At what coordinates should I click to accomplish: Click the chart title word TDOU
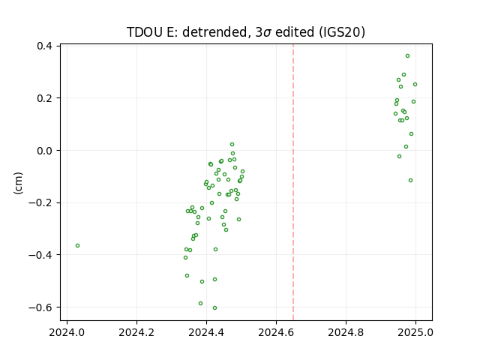pyautogui.click(x=145, y=32)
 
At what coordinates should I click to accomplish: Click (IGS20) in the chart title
pyautogui.click(x=342, y=32)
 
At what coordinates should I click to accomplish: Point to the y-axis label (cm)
pyautogui.click(x=18, y=183)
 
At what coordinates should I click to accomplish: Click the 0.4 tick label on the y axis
pyautogui.click(x=44, y=46)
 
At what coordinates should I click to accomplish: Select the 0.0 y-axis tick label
pyautogui.click(x=44, y=151)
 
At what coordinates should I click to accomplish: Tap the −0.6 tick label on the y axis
pyautogui.click(x=40, y=307)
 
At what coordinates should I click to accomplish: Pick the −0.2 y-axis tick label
pyautogui.click(x=40, y=202)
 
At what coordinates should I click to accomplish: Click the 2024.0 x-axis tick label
pyautogui.click(x=67, y=332)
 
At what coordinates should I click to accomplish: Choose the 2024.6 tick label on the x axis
pyautogui.click(x=276, y=332)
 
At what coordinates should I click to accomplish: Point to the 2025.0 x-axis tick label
pyautogui.click(x=415, y=332)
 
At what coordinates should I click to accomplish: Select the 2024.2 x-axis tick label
pyautogui.click(x=136, y=332)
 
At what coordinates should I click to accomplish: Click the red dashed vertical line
pyautogui.click(x=293, y=182)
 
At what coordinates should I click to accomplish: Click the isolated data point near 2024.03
pyautogui.click(x=78, y=245)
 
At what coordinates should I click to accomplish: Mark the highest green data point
pyautogui.click(x=408, y=56)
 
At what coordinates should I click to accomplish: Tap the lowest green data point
pyautogui.click(x=215, y=308)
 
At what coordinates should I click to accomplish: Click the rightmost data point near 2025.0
pyautogui.click(x=415, y=85)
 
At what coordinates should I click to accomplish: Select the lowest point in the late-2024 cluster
pyautogui.click(x=411, y=181)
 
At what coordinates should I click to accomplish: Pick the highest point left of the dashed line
pyautogui.click(x=232, y=145)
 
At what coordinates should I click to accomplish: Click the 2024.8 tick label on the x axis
pyautogui.click(x=346, y=332)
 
